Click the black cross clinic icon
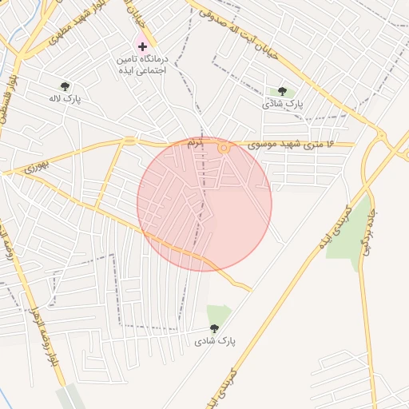pyautogui.click(x=142, y=47)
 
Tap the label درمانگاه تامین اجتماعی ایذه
pyautogui.click(x=141, y=66)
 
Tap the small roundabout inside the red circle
pyautogui.click(x=224, y=148)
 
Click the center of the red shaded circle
pyautogui.click(x=204, y=204)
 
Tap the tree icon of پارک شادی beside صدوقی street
pyautogui.click(x=281, y=92)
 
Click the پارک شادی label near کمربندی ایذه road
pyautogui.click(x=214, y=341)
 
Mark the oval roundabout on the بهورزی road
pyautogui.click(x=129, y=141)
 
